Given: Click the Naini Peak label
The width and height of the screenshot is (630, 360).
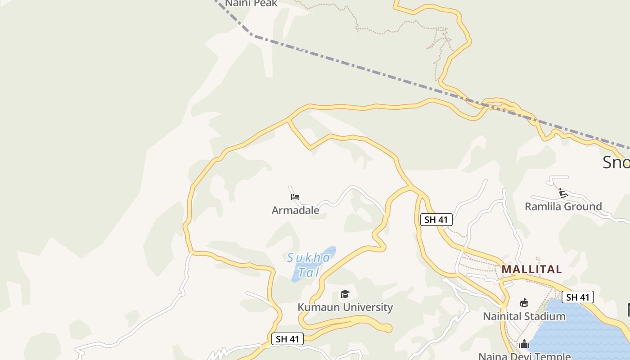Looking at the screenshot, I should [x=251, y=4].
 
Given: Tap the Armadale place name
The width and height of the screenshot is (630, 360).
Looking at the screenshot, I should [x=295, y=210].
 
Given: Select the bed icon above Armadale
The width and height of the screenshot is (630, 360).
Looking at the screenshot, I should [x=295, y=197].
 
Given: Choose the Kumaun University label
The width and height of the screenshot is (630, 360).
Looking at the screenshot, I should [x=345, y=307].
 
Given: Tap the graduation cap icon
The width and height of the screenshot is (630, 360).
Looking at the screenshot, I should [x=345, y=294].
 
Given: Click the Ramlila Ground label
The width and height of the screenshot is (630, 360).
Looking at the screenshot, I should [x=563, y=207].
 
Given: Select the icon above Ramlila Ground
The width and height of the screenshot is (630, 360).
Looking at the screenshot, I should [x=563, y=193].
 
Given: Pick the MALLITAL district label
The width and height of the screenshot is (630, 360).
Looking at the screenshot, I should [x=531, y=270].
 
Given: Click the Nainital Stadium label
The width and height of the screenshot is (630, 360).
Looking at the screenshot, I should [x=524, y=316].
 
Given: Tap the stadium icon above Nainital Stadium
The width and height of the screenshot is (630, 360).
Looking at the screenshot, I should [x=524, y=303].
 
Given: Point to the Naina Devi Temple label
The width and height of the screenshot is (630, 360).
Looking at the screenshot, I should [x=524, y=356].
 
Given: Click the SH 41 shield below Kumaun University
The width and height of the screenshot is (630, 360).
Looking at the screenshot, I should [x=288, y=339].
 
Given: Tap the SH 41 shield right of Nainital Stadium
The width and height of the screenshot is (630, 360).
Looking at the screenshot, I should [x=578, y=297].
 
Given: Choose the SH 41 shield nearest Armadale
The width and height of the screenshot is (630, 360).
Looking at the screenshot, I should [x=436, y=220].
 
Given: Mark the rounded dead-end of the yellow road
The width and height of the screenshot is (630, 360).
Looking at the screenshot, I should [x=387, y=329].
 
